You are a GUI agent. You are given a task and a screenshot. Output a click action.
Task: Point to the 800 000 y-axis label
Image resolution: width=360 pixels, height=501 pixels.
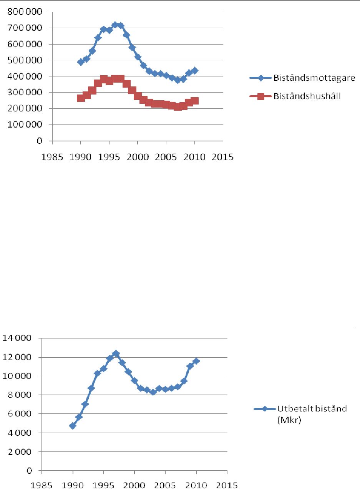24,12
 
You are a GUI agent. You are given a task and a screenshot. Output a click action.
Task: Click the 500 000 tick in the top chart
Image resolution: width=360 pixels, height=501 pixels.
24,60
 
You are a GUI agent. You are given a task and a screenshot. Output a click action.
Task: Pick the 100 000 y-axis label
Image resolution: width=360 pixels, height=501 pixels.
24,125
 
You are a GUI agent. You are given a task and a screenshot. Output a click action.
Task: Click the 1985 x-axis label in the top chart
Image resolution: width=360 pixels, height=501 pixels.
52,157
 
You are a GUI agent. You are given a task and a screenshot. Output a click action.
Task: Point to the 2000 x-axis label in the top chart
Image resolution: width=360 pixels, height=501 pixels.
138,157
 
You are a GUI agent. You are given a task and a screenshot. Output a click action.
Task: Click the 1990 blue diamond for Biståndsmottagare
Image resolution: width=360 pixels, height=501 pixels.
81,62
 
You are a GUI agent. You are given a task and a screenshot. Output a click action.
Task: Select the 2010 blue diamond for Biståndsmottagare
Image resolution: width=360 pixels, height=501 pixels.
194,71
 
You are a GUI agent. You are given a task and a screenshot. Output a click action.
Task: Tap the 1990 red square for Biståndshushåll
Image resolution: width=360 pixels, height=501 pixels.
81,98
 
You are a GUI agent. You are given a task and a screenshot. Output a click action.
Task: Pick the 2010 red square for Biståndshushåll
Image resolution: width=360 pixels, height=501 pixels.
194,101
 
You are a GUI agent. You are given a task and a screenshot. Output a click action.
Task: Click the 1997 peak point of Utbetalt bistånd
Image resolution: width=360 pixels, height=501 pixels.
116,353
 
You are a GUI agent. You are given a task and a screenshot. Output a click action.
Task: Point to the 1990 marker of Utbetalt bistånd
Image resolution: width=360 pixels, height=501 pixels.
73,426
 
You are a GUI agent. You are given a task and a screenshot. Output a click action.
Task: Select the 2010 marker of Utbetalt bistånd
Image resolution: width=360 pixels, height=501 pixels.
196,361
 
